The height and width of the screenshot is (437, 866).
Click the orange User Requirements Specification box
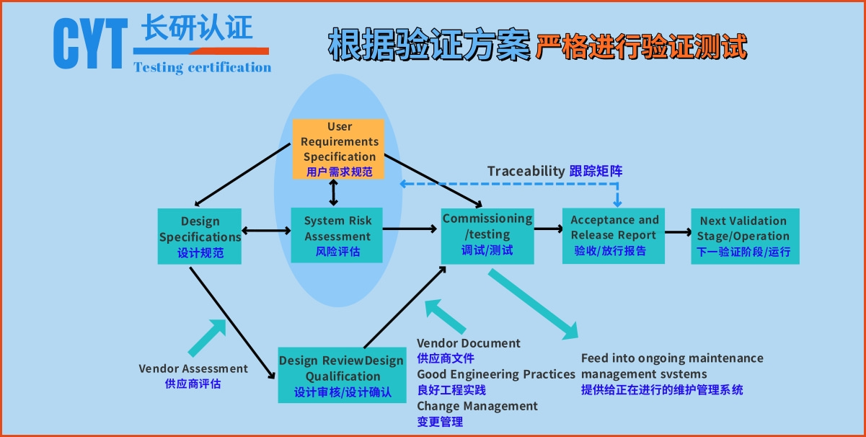click(339, 149)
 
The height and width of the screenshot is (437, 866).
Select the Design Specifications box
click(200, 237)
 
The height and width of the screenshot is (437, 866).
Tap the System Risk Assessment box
click(337, 235)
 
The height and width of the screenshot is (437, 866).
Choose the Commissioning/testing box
click(487, 234)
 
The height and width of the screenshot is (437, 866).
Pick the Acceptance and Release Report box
click(614, 235)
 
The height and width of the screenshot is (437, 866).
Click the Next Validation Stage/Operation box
click(743, 235)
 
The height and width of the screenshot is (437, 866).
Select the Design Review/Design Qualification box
click(342, 375)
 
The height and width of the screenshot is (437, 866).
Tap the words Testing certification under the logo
click(202, 68)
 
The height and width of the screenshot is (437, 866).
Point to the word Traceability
click(526, 171)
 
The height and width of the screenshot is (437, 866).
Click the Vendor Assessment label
click(193, 368)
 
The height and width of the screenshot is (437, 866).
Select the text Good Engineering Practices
click(496, 374)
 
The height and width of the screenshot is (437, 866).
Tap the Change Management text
click(477, 406)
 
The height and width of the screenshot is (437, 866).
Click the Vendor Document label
click(469, 343)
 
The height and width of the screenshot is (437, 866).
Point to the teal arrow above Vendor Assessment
click(208, 337)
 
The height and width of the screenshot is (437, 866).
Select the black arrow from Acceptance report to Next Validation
click(677, 232)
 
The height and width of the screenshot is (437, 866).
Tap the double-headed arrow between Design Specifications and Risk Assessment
click(266, 231)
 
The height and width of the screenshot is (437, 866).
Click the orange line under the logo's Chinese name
click(201, 51)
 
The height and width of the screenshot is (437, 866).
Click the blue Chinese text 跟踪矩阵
click(596, 171)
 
